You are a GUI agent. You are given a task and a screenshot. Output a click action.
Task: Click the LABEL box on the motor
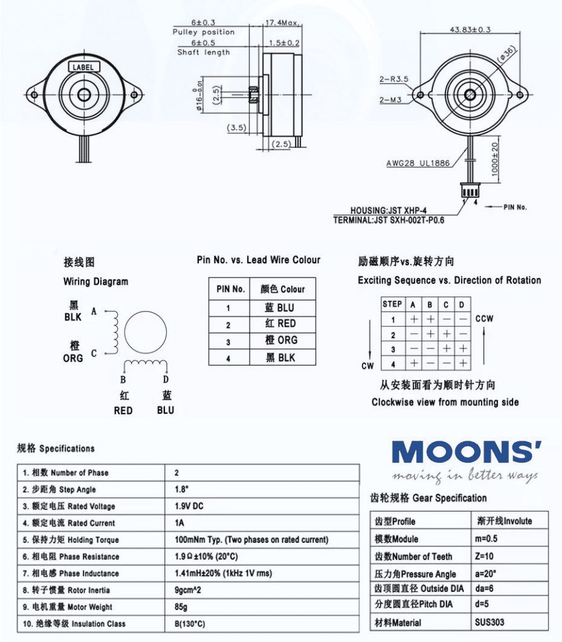(83, 66)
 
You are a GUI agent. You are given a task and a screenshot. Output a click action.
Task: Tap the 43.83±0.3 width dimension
(470, 29)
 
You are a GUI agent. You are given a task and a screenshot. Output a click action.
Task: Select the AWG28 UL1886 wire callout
(418, 164)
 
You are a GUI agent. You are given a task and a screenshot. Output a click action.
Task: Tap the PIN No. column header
(230, 289)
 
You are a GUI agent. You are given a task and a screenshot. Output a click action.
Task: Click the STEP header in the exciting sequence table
(392, 304)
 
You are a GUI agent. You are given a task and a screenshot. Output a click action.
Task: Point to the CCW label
(484, 318)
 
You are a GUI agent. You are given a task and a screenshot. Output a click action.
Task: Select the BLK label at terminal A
(73, 317)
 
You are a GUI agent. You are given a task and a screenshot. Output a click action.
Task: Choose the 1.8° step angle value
(183, 490)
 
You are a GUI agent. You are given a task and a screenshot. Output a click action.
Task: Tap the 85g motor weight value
(181, 607)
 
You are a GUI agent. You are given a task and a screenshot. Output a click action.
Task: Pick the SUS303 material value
(489, 623)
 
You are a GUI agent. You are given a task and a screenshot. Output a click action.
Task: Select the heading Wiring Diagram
(95, 282)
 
